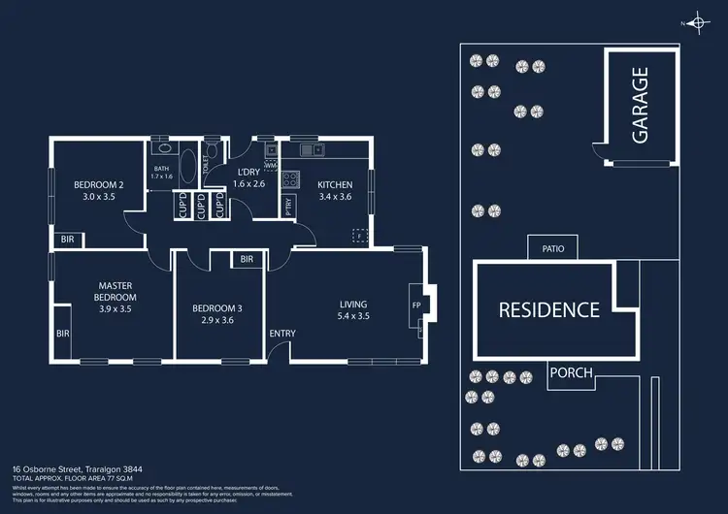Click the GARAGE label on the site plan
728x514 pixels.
tap(641, 106)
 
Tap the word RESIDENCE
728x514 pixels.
tap(549, 310)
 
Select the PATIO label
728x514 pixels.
tap(552, 248)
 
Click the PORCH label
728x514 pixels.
tap(571, 372)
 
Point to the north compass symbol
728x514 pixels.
tap(696, 21)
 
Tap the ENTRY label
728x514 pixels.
tap(282, 334)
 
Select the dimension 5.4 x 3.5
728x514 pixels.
tap(353, 316)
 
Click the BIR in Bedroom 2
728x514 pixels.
tap(67, 239)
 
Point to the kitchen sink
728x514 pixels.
tap(311, 149)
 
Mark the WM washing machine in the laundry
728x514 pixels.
tap(270, 166)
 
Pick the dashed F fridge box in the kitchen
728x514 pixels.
tap(358, 235)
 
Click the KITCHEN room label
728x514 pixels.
tap(336, 184)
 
